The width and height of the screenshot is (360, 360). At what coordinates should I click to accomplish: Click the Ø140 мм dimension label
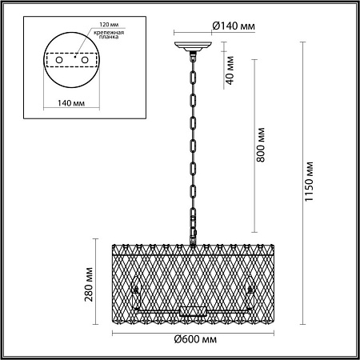coord(234,26)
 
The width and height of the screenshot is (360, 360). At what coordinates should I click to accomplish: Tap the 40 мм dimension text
coord(230,70)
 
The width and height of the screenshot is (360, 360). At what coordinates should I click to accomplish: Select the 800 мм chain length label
coord(261,145)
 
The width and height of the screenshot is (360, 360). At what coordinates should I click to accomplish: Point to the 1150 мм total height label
coord(309,182)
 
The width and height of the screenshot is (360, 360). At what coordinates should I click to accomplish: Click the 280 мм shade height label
coord(89,284)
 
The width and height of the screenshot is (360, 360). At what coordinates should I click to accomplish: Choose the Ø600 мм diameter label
coord(195,339)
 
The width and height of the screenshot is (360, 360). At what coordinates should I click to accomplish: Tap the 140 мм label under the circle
coord(71,103)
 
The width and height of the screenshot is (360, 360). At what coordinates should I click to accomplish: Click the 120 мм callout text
coord(109,25)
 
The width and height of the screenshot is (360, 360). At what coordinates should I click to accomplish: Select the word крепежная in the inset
coord(109,33)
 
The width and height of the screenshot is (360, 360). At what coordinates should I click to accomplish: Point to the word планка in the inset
coord(109,37)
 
